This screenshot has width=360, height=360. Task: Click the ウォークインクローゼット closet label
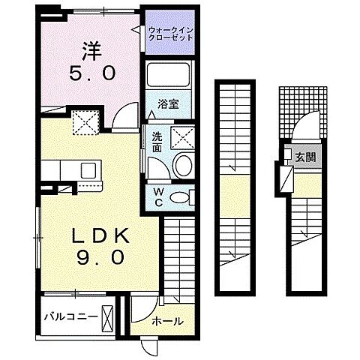(169, 34)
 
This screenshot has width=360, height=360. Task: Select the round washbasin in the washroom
(182, 165)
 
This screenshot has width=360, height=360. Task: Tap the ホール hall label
(166, 321)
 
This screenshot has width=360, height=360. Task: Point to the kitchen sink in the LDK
(87, 169)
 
